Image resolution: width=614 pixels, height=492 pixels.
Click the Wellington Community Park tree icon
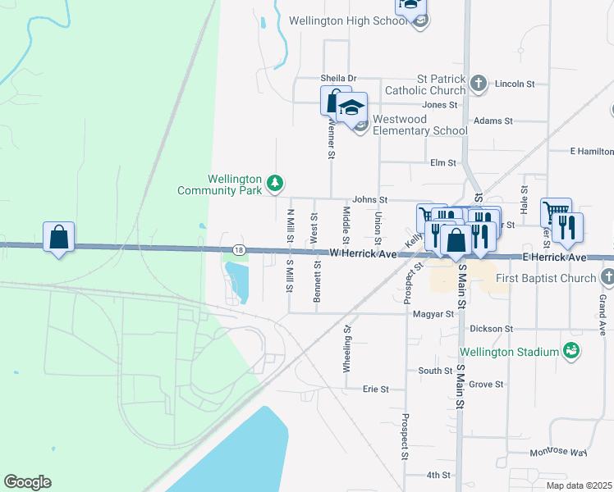277,182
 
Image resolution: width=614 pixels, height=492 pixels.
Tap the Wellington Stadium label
520,353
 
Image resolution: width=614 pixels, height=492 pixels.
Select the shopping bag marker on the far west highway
58,238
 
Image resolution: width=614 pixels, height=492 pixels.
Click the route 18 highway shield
238,249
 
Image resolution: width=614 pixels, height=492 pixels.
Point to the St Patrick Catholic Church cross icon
479,83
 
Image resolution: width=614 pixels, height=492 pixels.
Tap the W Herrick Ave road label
363,254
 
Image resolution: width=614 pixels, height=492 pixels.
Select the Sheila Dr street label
338,79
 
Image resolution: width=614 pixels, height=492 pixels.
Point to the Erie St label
375,389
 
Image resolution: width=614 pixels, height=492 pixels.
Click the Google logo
27,482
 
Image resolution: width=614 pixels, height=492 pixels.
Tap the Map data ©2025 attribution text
579,485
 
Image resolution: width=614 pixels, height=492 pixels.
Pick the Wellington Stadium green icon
572,352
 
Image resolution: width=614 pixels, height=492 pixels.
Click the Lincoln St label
515,84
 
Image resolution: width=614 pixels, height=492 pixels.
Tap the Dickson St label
492,328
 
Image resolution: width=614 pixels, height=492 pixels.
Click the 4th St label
438,475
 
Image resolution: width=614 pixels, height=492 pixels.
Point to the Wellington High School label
348,20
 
